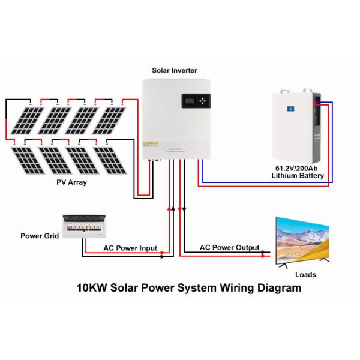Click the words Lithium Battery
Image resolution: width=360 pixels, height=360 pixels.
(298, 176)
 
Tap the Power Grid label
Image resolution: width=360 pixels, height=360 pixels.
(40, 236)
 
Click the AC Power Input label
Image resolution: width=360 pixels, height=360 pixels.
(130, 248)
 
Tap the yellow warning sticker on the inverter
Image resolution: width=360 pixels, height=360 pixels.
(154, 143)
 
